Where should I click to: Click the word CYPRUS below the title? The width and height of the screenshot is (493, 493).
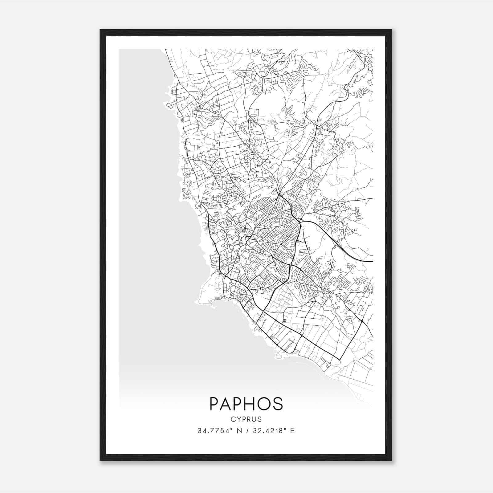point(246,419)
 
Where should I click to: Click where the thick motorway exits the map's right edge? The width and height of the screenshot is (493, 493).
point(373,261)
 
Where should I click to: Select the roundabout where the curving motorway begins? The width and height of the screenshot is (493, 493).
point(300,221)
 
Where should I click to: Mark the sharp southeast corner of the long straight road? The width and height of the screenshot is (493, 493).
point(339,359)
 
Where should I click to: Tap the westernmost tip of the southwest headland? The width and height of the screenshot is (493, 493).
point(195,302)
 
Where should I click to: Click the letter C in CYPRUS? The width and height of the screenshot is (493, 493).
point(232,419)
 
